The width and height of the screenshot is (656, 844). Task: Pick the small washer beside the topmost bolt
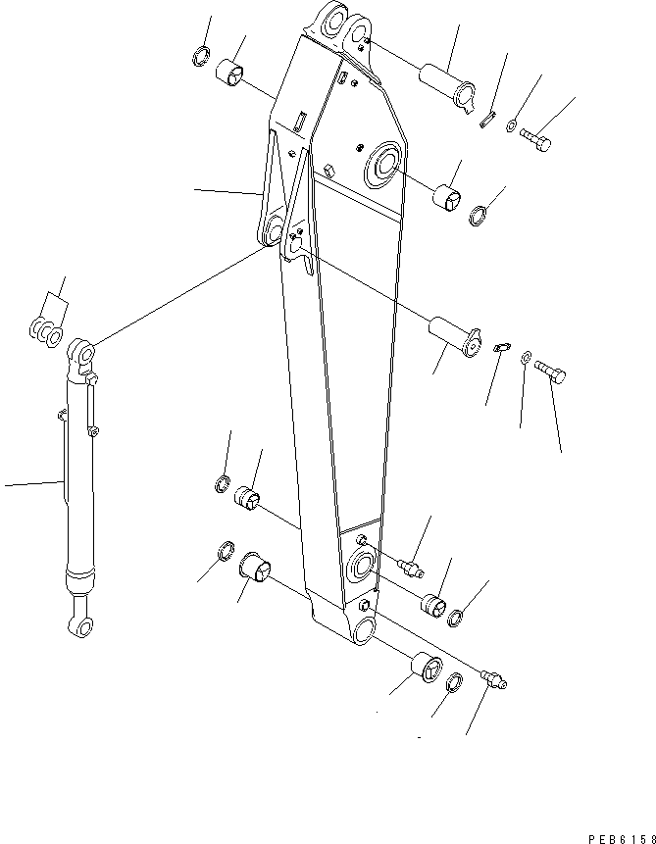[512, 125]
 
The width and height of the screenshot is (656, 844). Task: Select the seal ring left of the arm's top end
[201, 57]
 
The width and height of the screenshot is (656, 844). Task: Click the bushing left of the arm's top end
[233, 73]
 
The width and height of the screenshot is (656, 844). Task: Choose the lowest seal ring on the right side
[455, 683]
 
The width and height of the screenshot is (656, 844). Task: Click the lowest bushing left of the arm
[255, 567]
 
